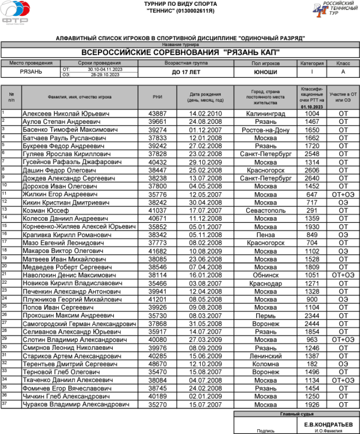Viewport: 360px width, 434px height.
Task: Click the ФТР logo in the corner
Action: [x=15, y=12]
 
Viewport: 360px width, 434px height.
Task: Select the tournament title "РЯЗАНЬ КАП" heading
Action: [x=180, y=53]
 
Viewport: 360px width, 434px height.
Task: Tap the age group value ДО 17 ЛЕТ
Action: [x=186, y=72]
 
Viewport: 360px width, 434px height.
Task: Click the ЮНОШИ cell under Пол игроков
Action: [x=265, y=72]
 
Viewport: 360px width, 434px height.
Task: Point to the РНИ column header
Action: [x=157, y=97]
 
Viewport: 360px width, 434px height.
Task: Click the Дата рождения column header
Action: [x=205, y=97]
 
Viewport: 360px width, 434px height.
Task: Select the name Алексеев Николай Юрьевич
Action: [x=66, y=114]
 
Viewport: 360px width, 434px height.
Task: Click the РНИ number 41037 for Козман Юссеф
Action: [x=157, y=210]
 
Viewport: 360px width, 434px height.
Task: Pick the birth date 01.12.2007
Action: [x=206, y=130]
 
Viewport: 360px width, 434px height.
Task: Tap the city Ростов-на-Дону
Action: [x=265, y=130]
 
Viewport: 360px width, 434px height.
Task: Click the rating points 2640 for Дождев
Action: [x=312, y=178]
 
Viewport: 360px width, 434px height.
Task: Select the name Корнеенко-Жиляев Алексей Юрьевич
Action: [x=79, y=227]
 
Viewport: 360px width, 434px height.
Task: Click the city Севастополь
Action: [x=265, y=210]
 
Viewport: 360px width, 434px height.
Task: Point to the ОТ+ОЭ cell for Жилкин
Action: [x=343, y=194]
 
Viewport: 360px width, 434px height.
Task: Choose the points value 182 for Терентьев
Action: [x=312, y=364]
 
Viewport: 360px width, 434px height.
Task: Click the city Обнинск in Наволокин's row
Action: [x=265, y=275]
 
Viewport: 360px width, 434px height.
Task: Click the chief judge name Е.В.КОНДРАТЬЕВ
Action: [x=328, y=424]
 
